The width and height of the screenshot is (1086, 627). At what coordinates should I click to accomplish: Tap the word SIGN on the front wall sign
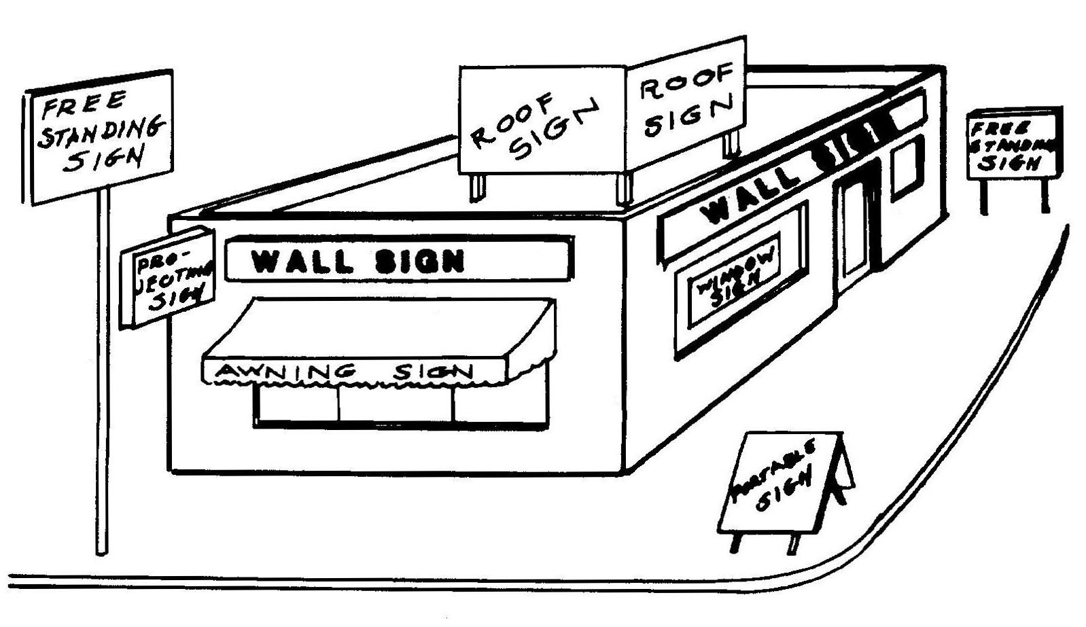click(419, 261)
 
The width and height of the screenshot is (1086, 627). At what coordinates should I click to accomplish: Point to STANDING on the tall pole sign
click(101, 131)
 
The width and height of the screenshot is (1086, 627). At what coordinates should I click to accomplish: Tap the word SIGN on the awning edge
click(434, 372)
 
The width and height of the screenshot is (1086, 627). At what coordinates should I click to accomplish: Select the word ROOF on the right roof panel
click(685, 84)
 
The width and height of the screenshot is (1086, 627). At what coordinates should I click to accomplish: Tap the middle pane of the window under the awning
click(396, 404)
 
